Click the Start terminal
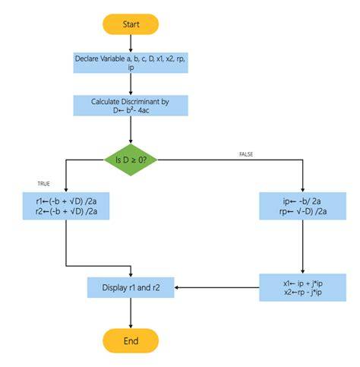coord(131,24)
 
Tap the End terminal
coord(131,340)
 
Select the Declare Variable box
coord(131,63)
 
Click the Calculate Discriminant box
coord(131,106)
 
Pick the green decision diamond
coord(131,160)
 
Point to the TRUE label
coord(43,184)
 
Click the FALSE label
coord(246,154)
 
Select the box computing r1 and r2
coord(66,206)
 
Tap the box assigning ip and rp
coord(303,206)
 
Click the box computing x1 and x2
coord(303,287)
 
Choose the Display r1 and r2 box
coord(131,287)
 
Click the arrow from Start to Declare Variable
coord(131,43)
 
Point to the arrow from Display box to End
coord(131,313)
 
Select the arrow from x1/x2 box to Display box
coord(216,287)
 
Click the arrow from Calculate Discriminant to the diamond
coord(131,130)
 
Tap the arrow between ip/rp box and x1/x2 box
coord(303,247)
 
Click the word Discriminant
coord(141,102)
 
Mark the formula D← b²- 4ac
coord(131,110)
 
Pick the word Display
coord(115,288)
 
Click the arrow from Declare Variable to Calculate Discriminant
coord(131,84)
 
